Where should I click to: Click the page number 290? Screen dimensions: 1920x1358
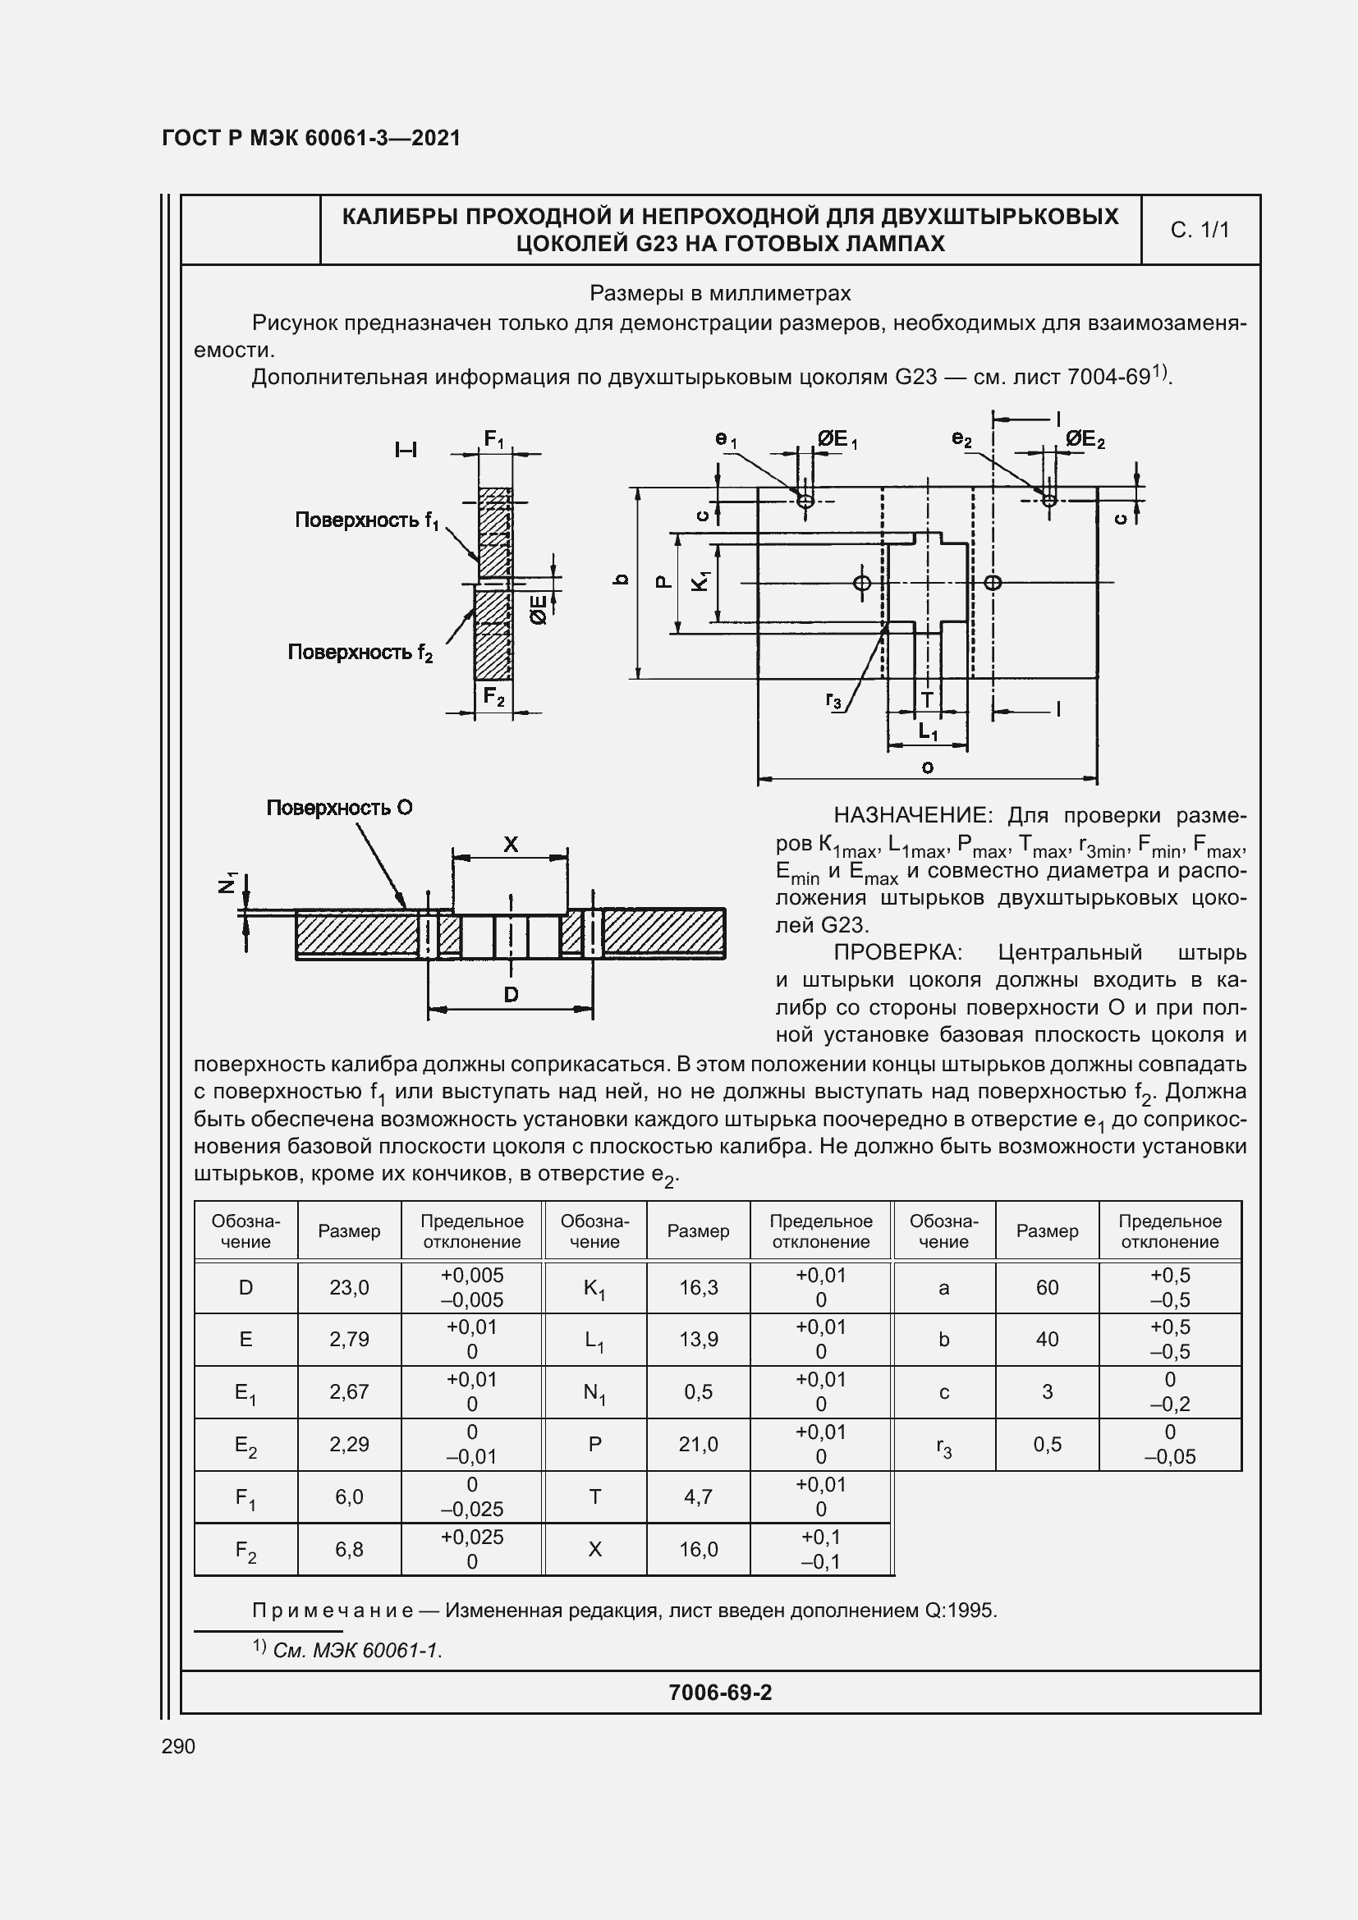178,1746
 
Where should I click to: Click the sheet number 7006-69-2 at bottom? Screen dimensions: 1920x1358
720,1693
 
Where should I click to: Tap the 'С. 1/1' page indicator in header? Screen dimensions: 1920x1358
1200,230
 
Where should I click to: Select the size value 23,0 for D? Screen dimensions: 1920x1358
350,1288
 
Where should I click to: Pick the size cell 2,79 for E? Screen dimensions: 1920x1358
350,1340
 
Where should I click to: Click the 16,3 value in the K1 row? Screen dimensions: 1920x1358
698,1288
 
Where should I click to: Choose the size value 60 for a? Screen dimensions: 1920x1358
1047,1288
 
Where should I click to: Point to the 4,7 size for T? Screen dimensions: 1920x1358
698,1497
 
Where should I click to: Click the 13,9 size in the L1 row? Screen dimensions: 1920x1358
698,1340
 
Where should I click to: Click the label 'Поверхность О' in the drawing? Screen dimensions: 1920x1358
338,808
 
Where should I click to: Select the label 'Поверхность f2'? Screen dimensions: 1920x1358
360,653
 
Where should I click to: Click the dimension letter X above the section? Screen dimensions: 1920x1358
510,845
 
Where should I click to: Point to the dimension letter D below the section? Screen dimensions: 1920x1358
511,994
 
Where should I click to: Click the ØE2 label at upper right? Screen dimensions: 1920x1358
1085,439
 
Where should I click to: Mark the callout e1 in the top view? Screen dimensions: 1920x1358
725,439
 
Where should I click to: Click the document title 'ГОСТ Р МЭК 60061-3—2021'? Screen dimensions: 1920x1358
311,138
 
